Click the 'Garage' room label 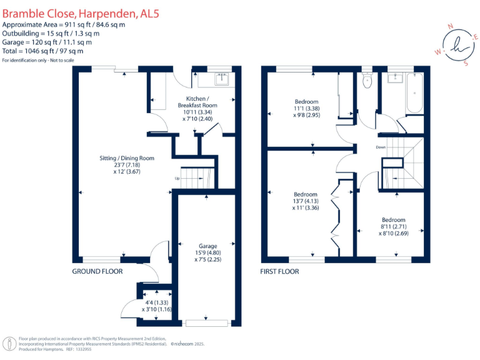click(x=207, y=246)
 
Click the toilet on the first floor click(x=367, y=79)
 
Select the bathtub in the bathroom click(x=414, y=92)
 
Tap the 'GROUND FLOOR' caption click(x=97, y=272)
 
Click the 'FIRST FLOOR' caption click(x=279, y=272)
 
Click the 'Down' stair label click(x=380, y=147)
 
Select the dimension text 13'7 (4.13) click(x=306, y=201)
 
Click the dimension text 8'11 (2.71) click(x=393, y=227)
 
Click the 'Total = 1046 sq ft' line click(x=47, y=51)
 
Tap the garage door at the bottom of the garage click(x=207, y=323)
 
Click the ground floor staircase click(x=196, y=179)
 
